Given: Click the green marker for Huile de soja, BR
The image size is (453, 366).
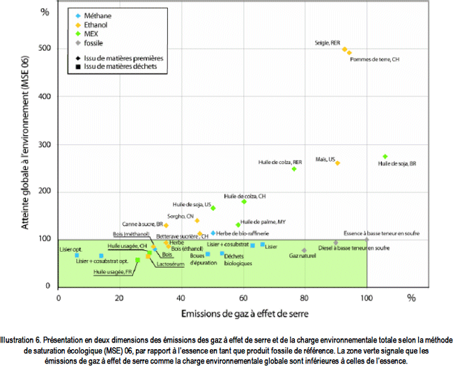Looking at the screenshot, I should pos(385,157).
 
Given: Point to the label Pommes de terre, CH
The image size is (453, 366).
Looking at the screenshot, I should pos(374,60).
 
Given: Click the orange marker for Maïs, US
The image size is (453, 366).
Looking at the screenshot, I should pos(337,163).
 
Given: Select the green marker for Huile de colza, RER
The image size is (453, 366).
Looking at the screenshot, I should pos(294,169).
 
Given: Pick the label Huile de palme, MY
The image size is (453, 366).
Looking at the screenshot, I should pos(263,222).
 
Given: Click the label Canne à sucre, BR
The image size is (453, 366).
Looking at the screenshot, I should pos(141,224).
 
